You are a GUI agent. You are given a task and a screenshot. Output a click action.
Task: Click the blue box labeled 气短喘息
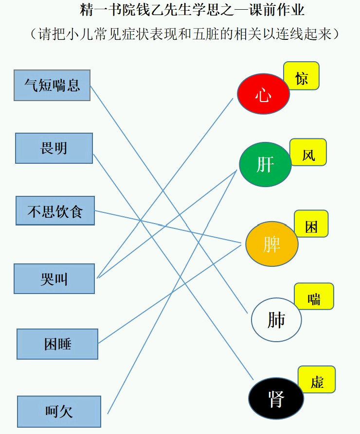pyautogui.click(x=52, y=85)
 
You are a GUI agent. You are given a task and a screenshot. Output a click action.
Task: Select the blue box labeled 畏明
pyautogui.click(x=54, y=148)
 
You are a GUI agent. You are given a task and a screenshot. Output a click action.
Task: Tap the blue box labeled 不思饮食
pyautogui.click(x=55, y=210)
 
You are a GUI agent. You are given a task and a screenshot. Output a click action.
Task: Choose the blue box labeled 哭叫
pyautogui.click(x=54, y=279)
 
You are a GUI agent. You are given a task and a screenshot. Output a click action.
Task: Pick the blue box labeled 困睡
pyautogui.click(x=57, y=344)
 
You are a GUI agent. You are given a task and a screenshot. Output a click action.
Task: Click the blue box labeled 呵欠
pyautogui.click(x=59, y=412)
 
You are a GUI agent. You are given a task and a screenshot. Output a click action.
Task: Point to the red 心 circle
pyautogui.click(x=263, y=94)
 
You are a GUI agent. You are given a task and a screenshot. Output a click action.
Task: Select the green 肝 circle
pyautogui.click(x=265, y=164)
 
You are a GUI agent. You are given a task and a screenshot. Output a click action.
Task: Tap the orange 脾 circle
pyautogui.click(x=272, y=244)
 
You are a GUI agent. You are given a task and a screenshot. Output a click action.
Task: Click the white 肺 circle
pyautogui.click(x=276, y=320)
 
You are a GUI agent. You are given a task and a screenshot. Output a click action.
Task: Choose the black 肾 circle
pyautogui.click(x=276, y=399)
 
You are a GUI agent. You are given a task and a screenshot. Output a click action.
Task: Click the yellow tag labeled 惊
pyautogui.click(x=301, y=76)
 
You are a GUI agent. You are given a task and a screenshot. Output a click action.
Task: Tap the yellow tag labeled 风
pyautogui.click(x=308, y=152)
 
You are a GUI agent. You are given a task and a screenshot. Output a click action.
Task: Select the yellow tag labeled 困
pyautogui.click(x=311, y=224)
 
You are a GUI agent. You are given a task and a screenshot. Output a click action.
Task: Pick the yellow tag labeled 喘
pyautogui.click(x=314, y=296)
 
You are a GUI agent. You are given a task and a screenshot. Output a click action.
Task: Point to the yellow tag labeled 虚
pyautogui.click(x=317, y=380)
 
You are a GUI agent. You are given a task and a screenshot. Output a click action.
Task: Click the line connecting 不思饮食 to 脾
pyautogui.click(x=168, y=226)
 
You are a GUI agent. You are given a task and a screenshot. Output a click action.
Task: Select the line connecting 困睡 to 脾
pyautogui.click(x=170, y=294)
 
